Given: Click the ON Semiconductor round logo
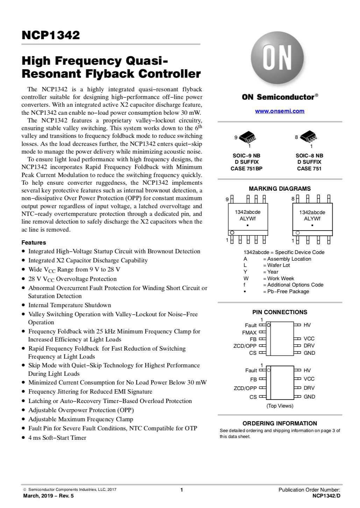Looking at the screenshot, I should (277, 60).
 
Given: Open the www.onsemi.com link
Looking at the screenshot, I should (280, 111).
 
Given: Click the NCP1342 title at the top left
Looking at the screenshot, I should (51, 35).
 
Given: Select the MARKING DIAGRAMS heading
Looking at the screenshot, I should (280, 189).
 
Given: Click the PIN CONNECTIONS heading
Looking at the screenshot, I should (280, 312).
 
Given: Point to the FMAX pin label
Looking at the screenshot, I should (249, 332).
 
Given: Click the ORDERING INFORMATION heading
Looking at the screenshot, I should (280, 423).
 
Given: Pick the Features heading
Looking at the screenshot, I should (34, 242).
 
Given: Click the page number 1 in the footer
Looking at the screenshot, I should (182, 490).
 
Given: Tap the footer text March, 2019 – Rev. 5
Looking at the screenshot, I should (48, 496).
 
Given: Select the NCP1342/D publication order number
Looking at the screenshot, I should (326, 496).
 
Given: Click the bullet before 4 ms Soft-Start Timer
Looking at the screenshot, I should (23, 438).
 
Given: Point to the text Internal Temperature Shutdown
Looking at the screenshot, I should (70, 305).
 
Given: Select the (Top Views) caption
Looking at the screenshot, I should (280, 406).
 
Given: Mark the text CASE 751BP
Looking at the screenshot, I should (246, 169).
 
